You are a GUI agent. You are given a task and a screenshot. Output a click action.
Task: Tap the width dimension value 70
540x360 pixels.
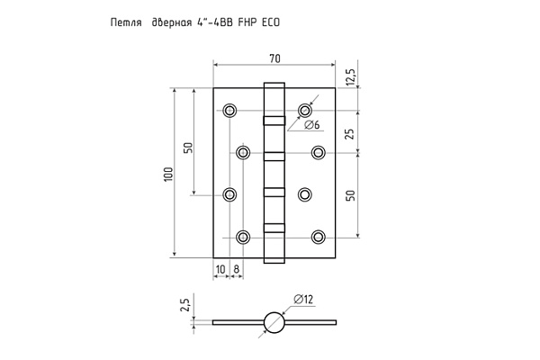click(x=274, y=58)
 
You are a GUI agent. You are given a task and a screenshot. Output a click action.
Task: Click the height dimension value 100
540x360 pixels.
click(x=167, y=174)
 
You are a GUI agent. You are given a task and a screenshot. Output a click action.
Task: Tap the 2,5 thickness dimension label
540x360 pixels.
click(x=185, y=304)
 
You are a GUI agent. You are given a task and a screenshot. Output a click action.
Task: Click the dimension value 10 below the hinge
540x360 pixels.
click(x=220, y=268)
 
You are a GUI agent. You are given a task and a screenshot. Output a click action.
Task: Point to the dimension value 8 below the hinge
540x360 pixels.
click(x=236, y=268)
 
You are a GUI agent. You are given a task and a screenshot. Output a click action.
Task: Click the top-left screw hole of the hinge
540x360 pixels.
click(x=229, y=111)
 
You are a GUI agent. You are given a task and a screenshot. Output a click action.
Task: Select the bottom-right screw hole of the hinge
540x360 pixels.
click(x=318, y=237)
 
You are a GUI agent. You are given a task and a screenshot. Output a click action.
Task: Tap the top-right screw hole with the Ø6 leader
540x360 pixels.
click(x=304, y=111)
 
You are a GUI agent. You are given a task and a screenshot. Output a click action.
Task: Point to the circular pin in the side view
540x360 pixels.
click(x=274, y=321)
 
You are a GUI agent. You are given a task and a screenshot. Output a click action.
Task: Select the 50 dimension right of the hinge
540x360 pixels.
click(x=350, y=194)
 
